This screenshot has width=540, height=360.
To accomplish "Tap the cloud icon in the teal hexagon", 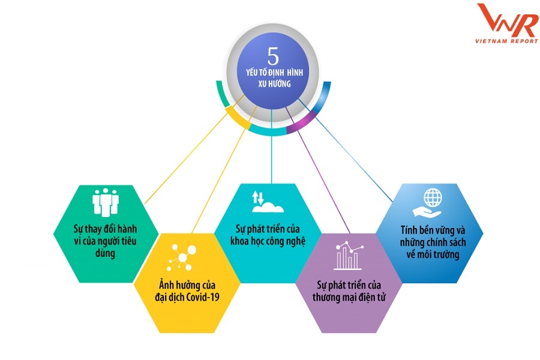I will (268, 208).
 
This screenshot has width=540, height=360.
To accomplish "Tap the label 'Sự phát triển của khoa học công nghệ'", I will (268, 236).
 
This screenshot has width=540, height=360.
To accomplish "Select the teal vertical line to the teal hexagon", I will (271, 150).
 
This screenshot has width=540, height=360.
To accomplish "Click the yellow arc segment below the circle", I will (240, 118).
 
